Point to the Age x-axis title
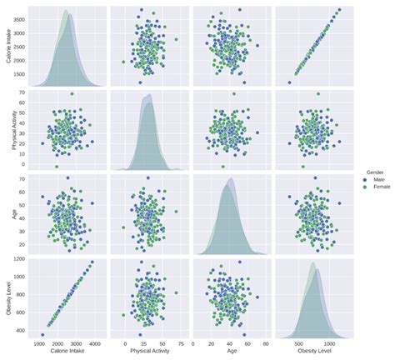pyautogui.click(x=229, y=352)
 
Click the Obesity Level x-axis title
pyautogui.click(x=310, y=352)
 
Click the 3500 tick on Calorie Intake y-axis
pyautogui.click(x=18, y=17)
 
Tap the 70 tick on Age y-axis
pyautogui.click(x=22, y=178)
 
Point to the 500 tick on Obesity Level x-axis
pyautogui.click(x=298, y=342)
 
